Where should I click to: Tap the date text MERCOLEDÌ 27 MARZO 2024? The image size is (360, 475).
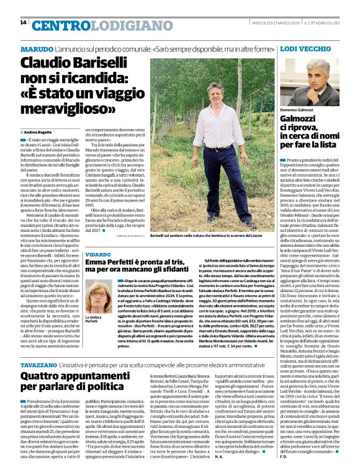[274, 23]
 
